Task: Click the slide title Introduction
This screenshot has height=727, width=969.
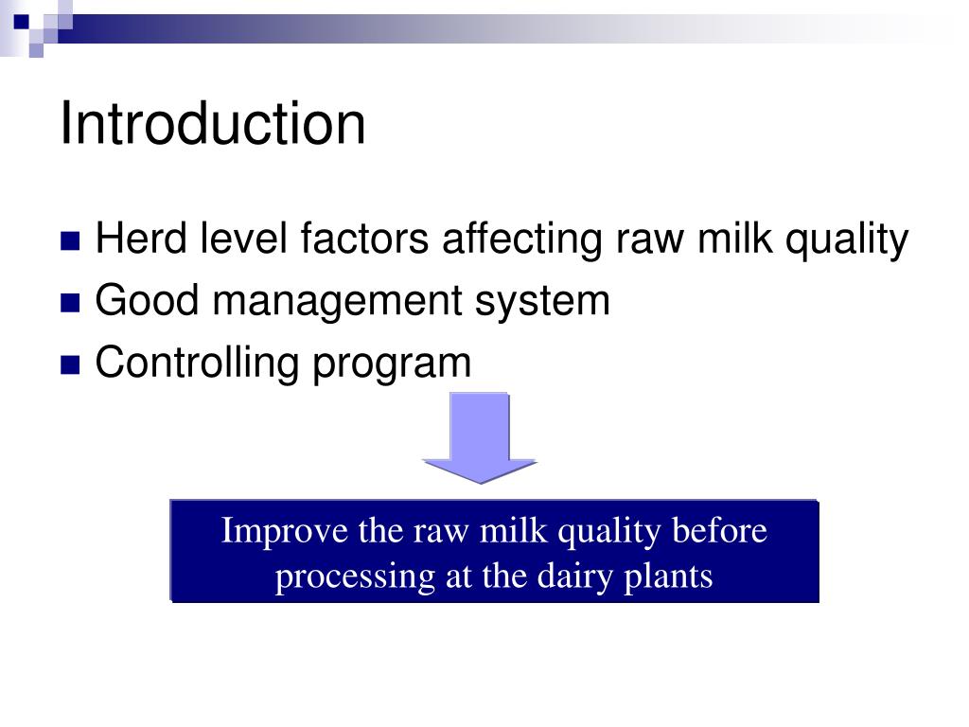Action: [x=212, y=124]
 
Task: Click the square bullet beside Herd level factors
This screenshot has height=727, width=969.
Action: [x=71, y=242]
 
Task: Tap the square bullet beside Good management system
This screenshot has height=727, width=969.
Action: [x=71, y=303]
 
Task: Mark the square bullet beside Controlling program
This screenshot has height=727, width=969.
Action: [x=71, y=363]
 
